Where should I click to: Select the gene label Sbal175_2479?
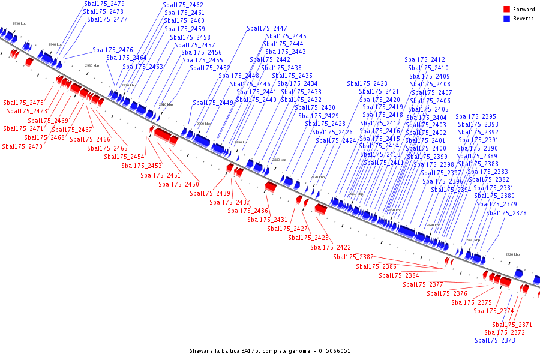click(104, 4)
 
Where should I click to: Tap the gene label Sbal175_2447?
click(267, 28)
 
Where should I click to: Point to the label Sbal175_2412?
click(425, 59)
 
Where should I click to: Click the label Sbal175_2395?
click(476, 116)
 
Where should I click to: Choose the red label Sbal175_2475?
click(23, 103)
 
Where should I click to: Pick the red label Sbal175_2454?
click(124, 157)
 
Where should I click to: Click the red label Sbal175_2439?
click(210, 193)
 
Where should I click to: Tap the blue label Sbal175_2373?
click(495, 340)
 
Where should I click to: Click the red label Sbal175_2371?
click(512, 325)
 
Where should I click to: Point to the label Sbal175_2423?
click(367, 83)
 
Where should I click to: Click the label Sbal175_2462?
click(183, 5)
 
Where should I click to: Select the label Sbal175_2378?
click(506, 213)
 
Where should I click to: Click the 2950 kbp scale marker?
click(19, 23)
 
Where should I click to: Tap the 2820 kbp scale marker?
click(512, 254)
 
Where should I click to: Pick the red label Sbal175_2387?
click(353, 257)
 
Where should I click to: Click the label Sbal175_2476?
click(113, 50)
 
